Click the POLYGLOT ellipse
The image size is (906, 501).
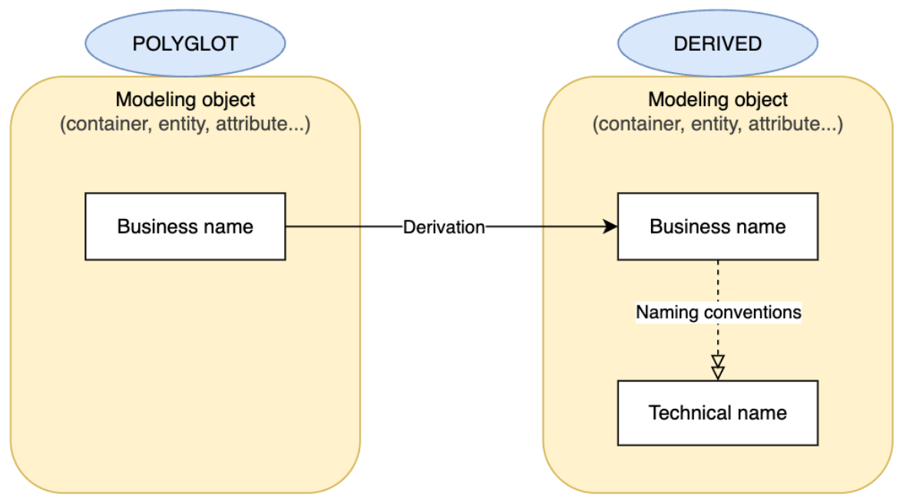185,43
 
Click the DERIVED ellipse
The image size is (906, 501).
717,43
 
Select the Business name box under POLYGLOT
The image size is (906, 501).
185,227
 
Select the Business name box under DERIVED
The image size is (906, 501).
717,227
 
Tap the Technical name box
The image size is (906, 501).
717,413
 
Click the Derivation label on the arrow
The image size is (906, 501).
444,227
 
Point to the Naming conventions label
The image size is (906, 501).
718,312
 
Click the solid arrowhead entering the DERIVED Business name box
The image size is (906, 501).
610,227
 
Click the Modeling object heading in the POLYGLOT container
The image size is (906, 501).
185,100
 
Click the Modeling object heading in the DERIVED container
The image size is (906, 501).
717,100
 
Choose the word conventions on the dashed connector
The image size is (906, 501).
756,312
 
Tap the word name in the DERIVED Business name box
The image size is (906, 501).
762,227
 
